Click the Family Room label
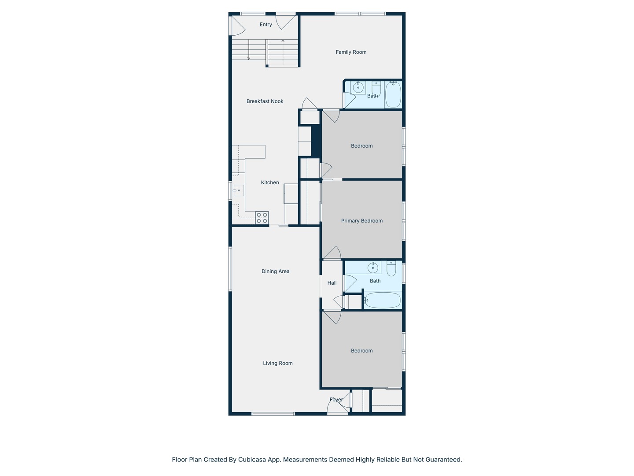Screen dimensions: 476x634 351,52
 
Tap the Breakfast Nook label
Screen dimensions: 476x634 265,101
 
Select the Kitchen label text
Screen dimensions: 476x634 270,182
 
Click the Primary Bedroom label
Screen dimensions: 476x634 361,221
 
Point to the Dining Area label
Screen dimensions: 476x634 275,271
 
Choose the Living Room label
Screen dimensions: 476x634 277,363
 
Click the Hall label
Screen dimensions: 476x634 332,283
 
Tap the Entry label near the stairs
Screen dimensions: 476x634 265,25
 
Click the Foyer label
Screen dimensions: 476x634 336,400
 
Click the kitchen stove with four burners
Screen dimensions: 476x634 262,218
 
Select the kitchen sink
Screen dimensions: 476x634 238,190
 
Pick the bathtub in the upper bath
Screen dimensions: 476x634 393,95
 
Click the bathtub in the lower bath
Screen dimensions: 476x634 382,301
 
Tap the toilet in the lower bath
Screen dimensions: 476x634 391,268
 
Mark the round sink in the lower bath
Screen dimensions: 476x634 373,268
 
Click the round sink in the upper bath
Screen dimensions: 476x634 358,87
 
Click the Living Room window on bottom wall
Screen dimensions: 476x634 273,414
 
